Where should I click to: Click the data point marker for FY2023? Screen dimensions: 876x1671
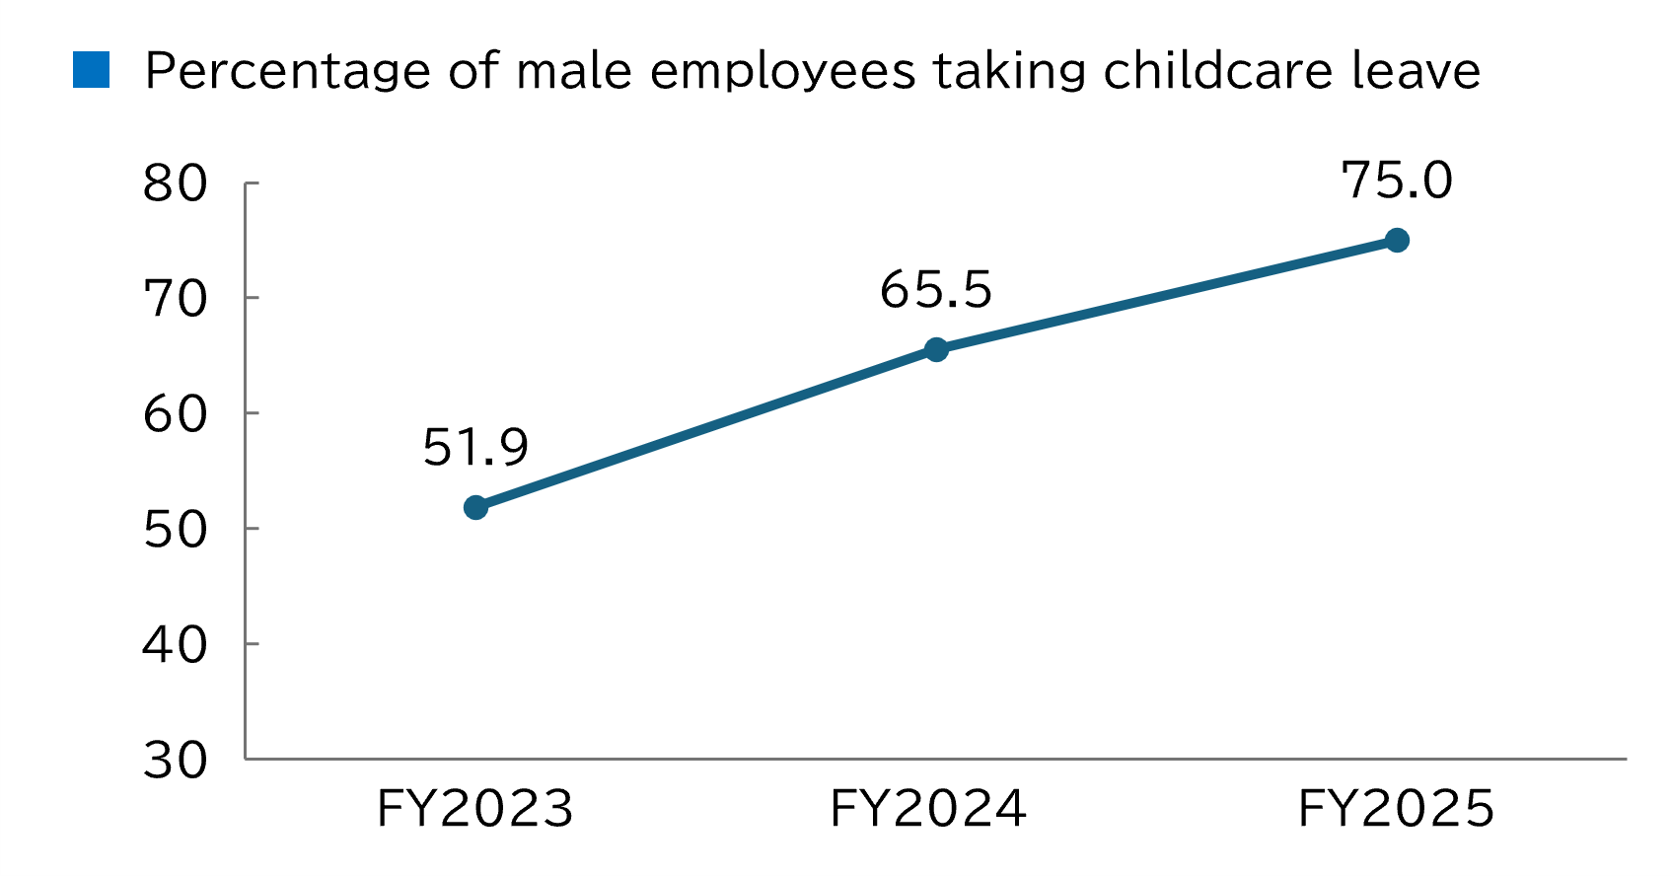coord(475,508)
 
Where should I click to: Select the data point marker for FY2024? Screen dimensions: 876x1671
coord(936,349)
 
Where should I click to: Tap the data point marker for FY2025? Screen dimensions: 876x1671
coord(1397,241)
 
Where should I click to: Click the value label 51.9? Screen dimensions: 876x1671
coord(475,448)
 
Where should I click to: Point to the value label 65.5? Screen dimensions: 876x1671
coord(935,290)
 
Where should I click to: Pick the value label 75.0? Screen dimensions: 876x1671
coord(1397,182)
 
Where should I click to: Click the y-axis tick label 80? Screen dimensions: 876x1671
coord(176,184)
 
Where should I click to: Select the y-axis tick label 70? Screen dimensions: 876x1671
coord(176,299)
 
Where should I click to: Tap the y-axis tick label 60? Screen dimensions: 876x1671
coord(176,414)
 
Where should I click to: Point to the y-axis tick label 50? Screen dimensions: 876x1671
coord(176,530)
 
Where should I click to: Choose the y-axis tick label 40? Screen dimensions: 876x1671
coord(176,645)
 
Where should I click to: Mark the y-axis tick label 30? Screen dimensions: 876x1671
coord(176,761)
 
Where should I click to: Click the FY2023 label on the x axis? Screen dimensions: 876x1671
coord(474,810)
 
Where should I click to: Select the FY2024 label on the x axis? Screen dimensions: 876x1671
coord(928,810)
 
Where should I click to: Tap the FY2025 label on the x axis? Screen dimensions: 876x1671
coord(1396,810)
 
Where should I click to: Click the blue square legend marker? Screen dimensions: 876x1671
coord(91,70)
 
